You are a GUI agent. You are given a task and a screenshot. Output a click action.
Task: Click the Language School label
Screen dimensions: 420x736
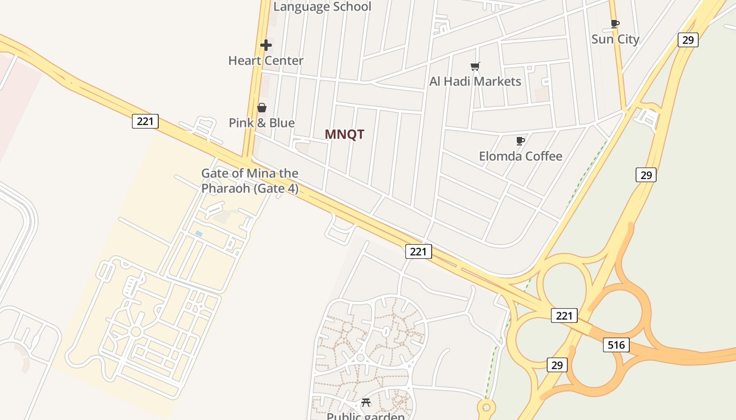coord(322,7)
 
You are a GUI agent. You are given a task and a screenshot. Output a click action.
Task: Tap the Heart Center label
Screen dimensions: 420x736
coord(265,60)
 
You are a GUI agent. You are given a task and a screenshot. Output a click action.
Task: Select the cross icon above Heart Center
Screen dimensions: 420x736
coord(266,45)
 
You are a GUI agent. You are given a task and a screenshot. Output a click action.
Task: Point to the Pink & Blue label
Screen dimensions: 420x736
coord(261,123)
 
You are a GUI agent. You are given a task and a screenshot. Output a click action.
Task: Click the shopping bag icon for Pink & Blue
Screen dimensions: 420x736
coord(261,108)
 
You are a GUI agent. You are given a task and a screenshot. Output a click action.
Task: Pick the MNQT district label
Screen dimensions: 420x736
coord(344,134)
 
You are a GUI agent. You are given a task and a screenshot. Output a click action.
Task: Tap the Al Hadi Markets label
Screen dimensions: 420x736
coord(475,81)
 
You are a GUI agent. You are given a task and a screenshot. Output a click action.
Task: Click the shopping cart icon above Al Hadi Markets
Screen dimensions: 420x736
coord(475,66)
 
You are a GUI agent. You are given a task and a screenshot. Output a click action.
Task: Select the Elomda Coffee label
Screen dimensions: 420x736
coord(520,156)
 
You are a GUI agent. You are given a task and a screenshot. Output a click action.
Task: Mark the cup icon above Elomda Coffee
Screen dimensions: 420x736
coord(520,141)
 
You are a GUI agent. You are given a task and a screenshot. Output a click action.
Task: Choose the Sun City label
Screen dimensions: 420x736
coord(615,39)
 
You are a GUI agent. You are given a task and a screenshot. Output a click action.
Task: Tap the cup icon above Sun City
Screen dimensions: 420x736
coord(615,24)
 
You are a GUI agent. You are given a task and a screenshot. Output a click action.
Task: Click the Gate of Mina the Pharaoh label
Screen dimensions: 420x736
coord(250,181)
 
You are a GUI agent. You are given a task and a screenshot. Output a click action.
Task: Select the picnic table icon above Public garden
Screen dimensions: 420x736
coord(366,403)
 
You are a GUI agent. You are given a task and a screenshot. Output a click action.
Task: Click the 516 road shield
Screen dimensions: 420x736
coord(616,345)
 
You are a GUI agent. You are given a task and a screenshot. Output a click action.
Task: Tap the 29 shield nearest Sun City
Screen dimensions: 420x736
coord(688,40)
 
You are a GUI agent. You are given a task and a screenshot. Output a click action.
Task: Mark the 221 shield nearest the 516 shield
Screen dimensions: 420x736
coord(564,316)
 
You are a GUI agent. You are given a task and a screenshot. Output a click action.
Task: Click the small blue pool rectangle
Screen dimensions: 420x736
coord(198,233)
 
